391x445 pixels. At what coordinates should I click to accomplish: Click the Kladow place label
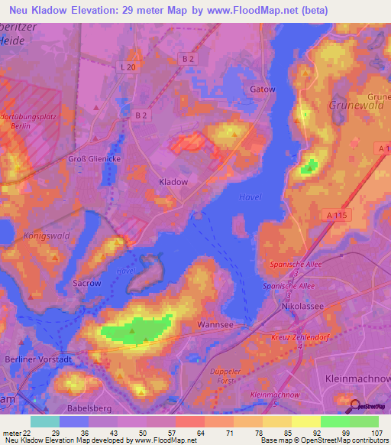[172, 182]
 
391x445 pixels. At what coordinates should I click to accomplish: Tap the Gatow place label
[262, 89]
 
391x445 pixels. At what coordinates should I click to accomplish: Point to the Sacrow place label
[86, 283]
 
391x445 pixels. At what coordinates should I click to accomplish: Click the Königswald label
[47, 235]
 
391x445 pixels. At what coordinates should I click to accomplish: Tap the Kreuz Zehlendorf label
[299, 336]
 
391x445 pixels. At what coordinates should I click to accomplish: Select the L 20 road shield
[127, 67]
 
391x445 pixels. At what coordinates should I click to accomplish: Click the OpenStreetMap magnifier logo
[354, 408]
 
